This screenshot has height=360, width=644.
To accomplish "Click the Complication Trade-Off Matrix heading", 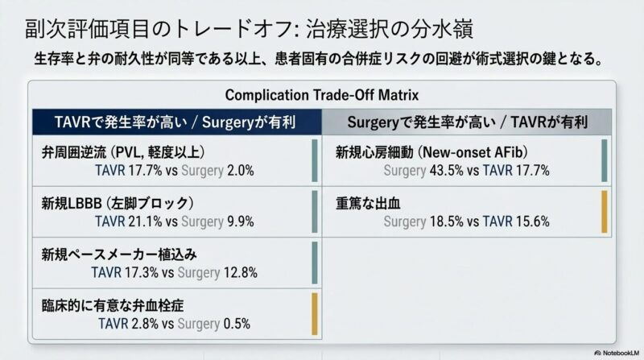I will coord(322,94).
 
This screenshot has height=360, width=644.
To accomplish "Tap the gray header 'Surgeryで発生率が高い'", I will coord(467,122).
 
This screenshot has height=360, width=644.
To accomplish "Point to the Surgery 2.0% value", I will coord(238,170).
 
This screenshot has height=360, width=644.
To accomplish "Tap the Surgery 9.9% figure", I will coord(238,221).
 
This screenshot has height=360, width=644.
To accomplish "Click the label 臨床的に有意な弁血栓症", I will coord(118,305).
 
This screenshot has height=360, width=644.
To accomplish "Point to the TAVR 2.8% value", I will coord(144,324).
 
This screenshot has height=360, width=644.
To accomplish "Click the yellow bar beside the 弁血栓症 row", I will coord(315,314).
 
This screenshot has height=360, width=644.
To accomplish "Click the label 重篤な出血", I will coord(369,202).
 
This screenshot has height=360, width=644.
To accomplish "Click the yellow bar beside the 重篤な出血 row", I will coord(604,211).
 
